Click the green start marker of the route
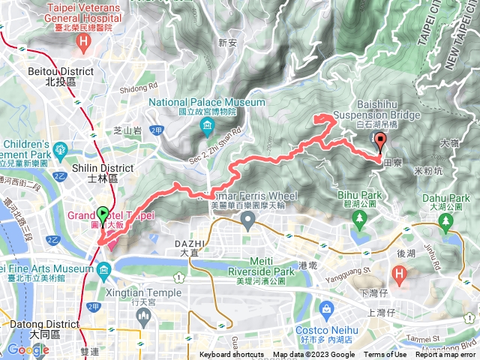click(x=102, y=216)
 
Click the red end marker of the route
click(x=379, y=140)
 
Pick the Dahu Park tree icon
click(x=446, y=220)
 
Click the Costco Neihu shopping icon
click(x=327, y=309)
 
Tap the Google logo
click(x=28, y=349)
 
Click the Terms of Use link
click(x=385, y=355)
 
